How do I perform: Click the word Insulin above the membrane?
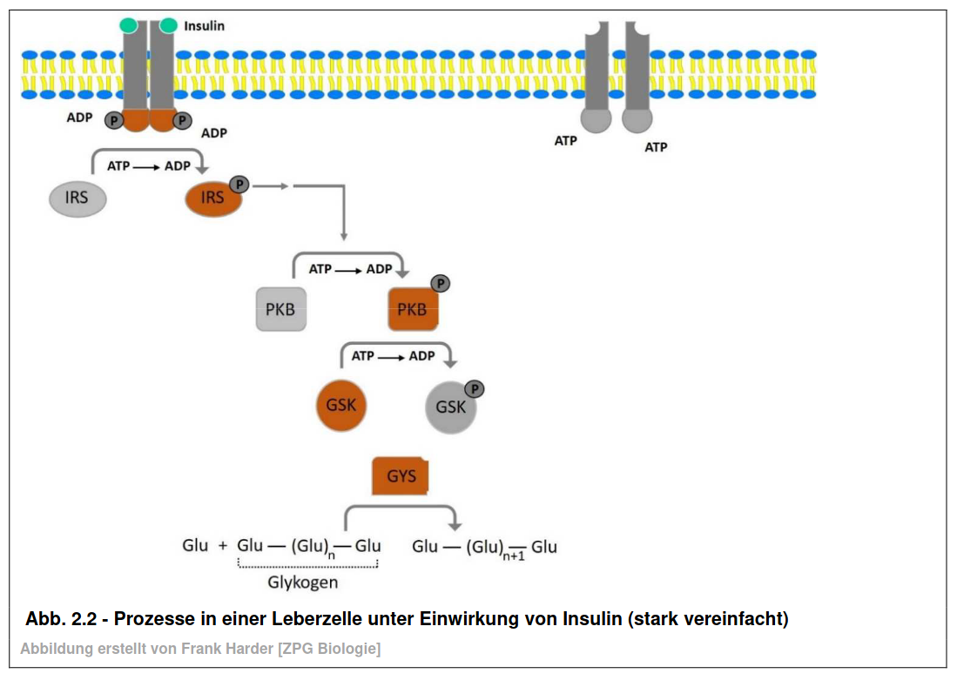click(204, 26)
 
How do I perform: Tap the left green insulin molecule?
click(129, 25)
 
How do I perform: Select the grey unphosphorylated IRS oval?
click(78, 199)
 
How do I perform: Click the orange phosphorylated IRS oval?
click(213, 199)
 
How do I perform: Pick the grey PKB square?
click(280, 309)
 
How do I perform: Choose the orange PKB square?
click(414, 309)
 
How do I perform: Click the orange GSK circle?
click(341, 405)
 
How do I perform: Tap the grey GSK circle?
click(450, 407)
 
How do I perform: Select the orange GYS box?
click(401, 476)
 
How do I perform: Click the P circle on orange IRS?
click(239, 185)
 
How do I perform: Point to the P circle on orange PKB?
click(441, 283)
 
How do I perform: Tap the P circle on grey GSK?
click(475, 388)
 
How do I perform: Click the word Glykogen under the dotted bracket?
click(303, 583)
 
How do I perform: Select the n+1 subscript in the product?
click(514, 556)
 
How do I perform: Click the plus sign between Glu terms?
click(223, 545)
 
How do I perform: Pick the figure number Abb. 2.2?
click(61, 619)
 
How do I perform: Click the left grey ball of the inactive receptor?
click(596, 119)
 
